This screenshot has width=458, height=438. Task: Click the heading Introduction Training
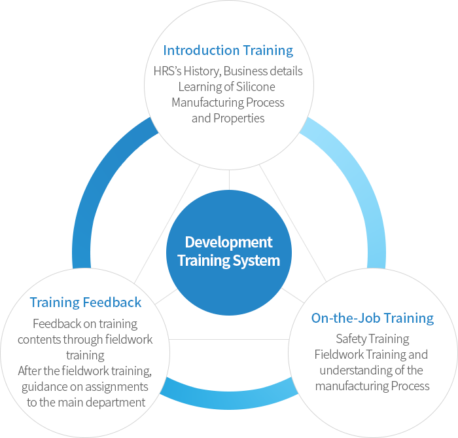(228, 50)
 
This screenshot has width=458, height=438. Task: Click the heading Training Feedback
(85, 302)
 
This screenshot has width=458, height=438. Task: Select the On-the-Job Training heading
(372, 318)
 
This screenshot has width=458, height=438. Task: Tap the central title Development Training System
(228, 251)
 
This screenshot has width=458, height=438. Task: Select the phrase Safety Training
(372, 339)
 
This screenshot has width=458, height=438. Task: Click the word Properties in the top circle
(239, 119)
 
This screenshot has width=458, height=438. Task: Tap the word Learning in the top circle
(200, 87)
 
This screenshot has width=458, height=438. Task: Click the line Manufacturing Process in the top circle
(228, 103)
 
